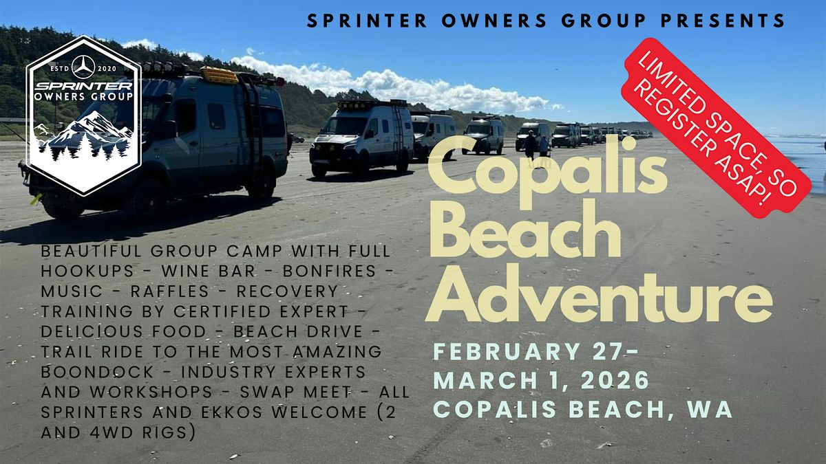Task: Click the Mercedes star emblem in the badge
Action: click(83, 67)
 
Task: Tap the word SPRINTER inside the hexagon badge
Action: click(83, 86)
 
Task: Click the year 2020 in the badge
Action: click(107, 69)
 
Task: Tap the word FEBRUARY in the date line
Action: click(507, 351)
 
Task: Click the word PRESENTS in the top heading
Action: click(723, 21)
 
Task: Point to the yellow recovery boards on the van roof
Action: click(220, 75)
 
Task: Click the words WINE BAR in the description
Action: click(209, 271)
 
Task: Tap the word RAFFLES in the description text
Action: click(170, 291)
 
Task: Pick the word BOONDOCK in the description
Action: click(97, 372)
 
